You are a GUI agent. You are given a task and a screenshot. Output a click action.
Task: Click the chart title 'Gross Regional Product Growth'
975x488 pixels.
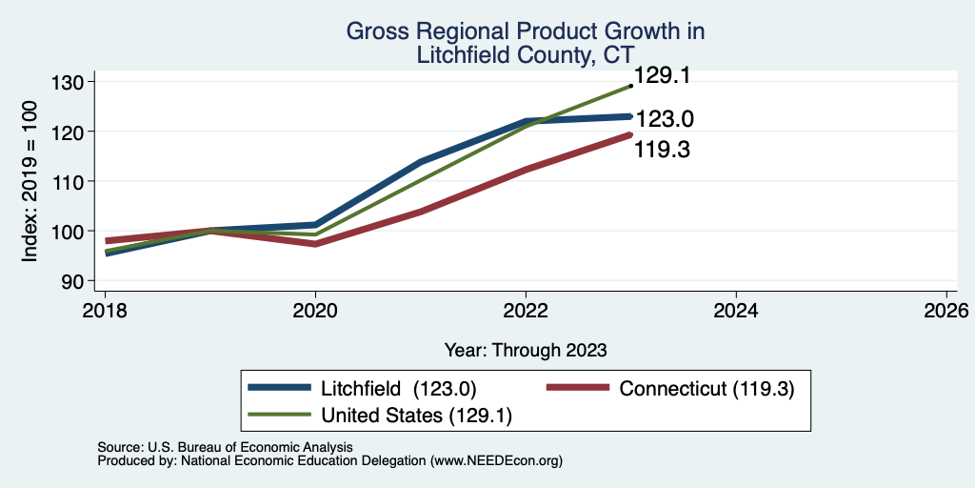coord(525,31)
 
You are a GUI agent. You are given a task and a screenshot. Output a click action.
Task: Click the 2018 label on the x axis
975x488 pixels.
coord(105,310)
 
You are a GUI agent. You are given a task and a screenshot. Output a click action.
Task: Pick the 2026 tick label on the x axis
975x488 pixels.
coord(945,310)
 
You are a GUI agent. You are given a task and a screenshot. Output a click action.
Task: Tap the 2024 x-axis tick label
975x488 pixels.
coord(736,310)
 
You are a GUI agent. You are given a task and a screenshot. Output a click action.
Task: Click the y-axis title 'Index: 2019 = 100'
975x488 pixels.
coord(30,181)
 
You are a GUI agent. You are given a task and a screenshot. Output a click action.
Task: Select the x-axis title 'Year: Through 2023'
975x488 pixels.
coord(526,351)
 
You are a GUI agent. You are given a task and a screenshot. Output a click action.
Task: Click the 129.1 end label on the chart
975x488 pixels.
coord(662,76)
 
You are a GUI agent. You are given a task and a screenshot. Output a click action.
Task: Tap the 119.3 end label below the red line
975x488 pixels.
coord(662,150)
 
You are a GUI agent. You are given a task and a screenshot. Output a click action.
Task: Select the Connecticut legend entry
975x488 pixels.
coord(670,389)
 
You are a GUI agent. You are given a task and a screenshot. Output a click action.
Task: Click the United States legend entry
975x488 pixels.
coord(380,416)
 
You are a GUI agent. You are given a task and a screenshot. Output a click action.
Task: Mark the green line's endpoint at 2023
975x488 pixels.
coord(630,86)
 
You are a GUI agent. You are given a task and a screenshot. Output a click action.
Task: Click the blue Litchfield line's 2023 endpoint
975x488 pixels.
coord(630,116)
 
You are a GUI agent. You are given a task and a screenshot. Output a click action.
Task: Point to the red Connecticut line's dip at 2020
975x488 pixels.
coord(315,244)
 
